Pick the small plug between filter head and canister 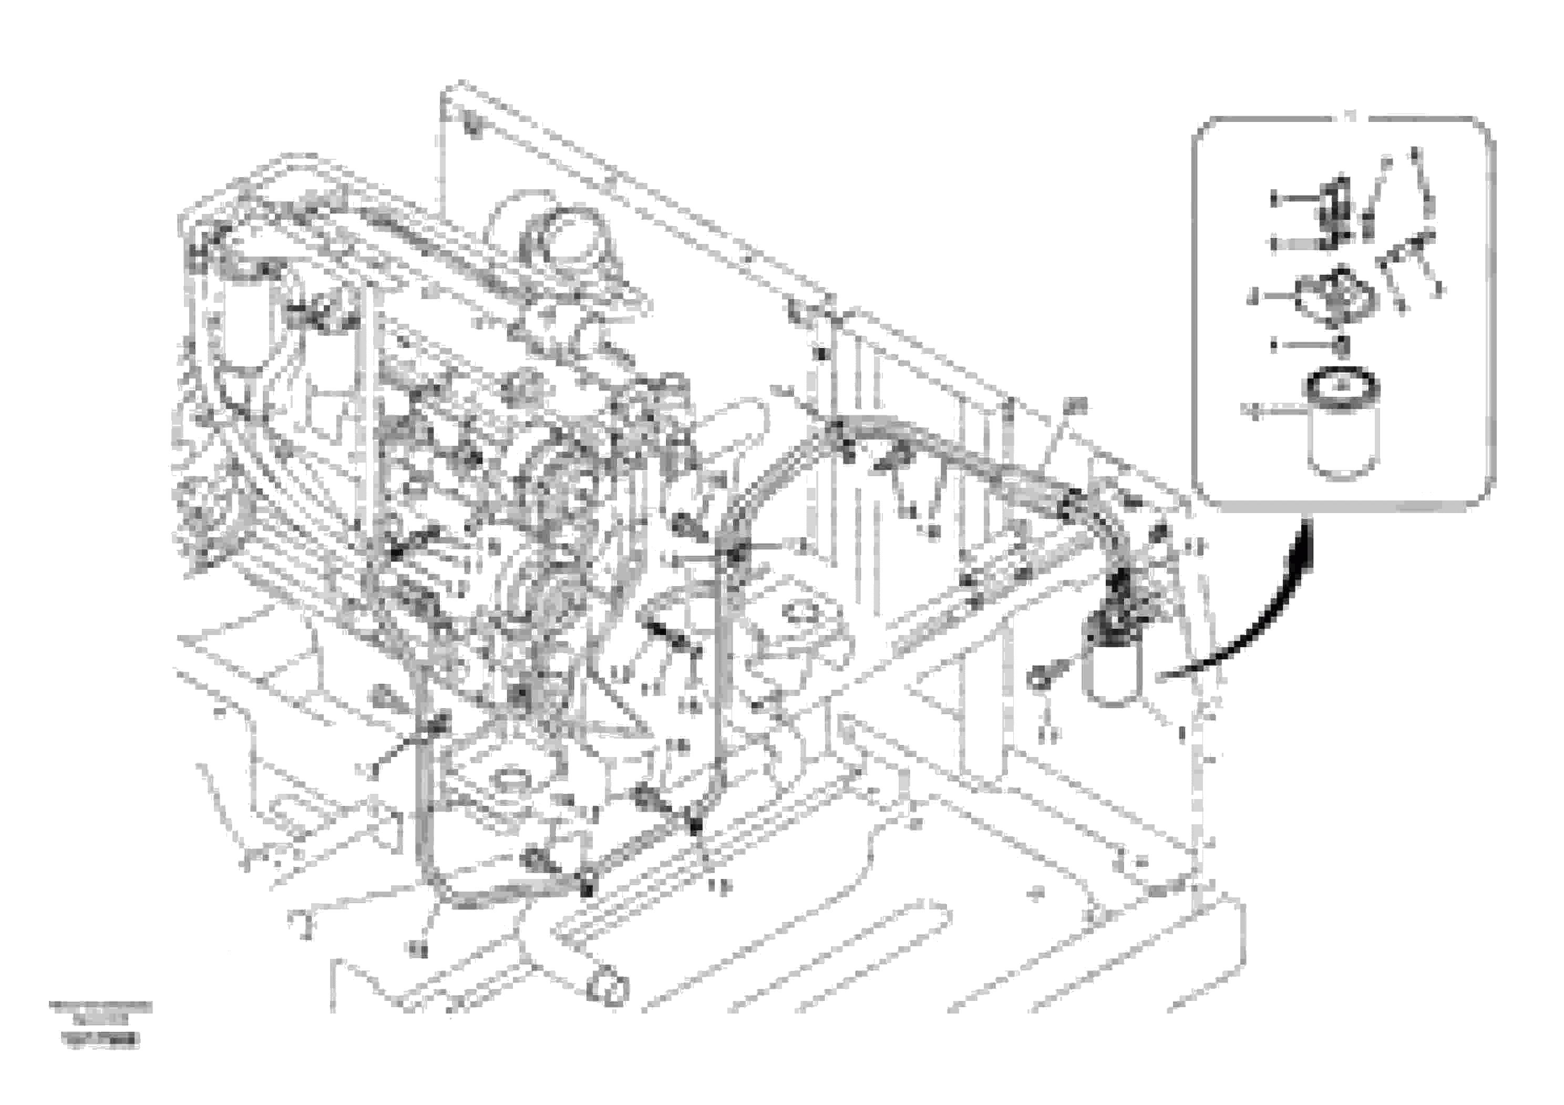coord(1341,346)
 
